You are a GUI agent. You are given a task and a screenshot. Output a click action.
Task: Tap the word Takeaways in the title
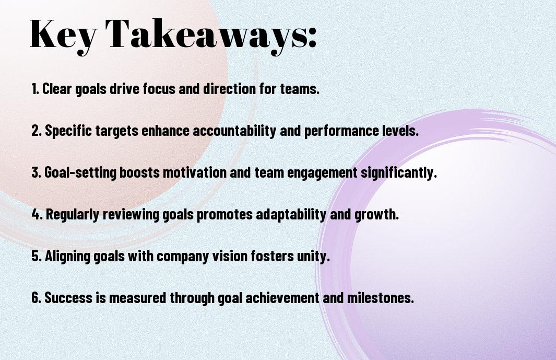point(205,36)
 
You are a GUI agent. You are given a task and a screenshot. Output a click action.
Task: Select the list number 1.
point(35,89)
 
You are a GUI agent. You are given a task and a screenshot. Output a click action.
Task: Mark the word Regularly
point(73,215)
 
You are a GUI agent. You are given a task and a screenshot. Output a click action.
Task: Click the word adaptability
point(291,215)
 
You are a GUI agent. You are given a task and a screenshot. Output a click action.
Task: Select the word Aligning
point(67,257)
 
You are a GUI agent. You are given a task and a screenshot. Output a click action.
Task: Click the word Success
point(68,297)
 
